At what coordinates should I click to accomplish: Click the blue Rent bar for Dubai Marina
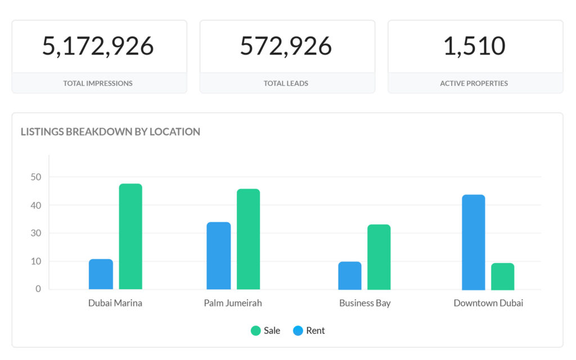[101, 274]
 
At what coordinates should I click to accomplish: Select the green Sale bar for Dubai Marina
[130, 237]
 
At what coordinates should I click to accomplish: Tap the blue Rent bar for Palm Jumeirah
[218, 256]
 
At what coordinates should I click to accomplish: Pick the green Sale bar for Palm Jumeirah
[248, 239]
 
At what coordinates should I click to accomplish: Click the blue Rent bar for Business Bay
[349, 276]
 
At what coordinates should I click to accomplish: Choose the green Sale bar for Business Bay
[379, 257]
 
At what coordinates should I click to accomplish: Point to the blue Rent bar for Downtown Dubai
[473, 242]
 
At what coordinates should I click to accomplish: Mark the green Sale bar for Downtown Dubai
[502, 276]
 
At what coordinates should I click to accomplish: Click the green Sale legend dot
[256, 331]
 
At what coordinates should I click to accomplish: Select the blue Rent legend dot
[298, 331]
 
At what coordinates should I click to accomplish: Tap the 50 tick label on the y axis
[36, 177]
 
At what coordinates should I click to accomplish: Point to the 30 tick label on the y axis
[36, 233]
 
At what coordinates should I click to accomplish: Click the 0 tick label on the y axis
[38, 289]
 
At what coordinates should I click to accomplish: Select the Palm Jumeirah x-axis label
[233, 303]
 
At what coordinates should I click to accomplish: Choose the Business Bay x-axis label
[364, 303]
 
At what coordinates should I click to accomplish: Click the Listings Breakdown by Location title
[110, 132]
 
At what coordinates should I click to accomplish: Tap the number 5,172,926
[98, 46]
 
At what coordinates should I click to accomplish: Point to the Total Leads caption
[286, 83]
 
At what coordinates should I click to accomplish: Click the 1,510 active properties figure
[474, 46]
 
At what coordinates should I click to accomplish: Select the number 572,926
[286, 46]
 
